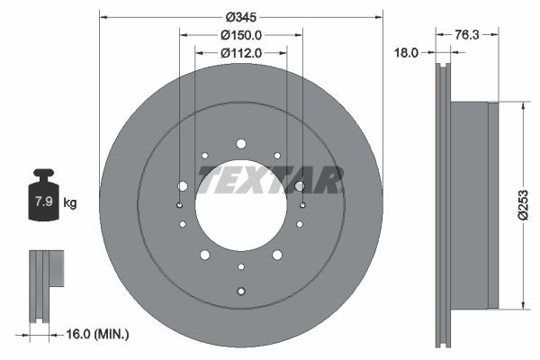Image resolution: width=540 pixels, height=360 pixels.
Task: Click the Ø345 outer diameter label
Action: (240, 17)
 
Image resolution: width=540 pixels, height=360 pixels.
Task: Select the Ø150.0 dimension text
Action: (240, 35)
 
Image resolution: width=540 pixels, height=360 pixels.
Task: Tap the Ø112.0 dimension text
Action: (240, 52)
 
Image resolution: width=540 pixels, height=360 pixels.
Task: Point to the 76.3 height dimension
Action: (464, 35)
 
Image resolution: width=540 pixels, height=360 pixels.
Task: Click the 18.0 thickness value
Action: (408, 53)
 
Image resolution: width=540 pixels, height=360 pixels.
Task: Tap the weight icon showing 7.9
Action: (43, 197)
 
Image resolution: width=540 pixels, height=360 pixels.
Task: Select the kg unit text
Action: (70, 202)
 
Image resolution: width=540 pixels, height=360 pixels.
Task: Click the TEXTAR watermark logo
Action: (271, 180)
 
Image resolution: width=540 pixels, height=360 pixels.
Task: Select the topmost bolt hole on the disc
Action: (240, 143)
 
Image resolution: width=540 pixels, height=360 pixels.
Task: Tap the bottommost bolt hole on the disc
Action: (240, 290)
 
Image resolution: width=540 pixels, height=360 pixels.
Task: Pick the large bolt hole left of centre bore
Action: (183, 185)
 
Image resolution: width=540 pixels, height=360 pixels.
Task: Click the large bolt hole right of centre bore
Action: (299, 185)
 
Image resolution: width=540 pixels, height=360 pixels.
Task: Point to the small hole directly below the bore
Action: (240, 266)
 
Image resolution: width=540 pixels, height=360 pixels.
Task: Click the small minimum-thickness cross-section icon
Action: (45, 283)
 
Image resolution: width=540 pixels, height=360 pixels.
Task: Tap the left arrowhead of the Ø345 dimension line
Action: (103, 17)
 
